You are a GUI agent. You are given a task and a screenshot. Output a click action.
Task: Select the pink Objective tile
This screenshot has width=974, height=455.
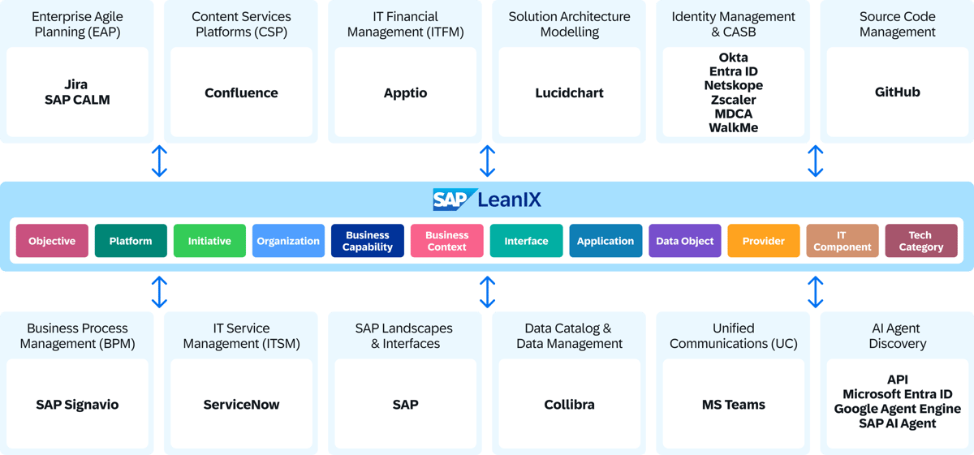point(52,241)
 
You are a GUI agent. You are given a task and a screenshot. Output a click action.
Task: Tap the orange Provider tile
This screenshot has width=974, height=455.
point(763,241)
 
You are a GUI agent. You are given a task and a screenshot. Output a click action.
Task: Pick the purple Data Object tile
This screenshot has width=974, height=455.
point(684,241)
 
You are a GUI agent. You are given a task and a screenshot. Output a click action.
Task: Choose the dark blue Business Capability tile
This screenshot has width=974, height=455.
point(367,241)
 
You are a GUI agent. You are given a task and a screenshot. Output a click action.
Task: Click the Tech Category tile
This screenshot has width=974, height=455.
point(920,241)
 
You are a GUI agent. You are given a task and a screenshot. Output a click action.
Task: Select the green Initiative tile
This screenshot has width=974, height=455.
point(209,241)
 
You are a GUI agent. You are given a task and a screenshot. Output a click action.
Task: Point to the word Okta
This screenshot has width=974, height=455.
point(733,58)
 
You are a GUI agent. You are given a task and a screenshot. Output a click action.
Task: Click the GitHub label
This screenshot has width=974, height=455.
point(897,92)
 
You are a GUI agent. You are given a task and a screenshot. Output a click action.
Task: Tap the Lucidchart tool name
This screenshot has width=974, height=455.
point(569,92)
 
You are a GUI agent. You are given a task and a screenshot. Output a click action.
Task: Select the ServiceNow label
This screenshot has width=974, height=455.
point(241,405)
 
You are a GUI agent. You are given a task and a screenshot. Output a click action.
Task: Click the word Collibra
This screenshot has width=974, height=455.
point(569,405)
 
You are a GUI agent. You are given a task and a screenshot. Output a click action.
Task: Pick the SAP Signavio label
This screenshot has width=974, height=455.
point(77,405)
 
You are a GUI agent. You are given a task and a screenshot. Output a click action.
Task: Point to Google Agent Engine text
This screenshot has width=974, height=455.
point(897,409)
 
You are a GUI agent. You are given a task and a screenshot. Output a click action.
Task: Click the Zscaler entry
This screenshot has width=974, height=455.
point(733,100)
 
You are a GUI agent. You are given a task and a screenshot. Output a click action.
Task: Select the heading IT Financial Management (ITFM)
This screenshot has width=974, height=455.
point(405,24)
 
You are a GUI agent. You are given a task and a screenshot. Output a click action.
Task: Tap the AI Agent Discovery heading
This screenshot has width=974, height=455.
point(897,336)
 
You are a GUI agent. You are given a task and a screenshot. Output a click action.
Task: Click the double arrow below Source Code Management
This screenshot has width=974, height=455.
point(816,161)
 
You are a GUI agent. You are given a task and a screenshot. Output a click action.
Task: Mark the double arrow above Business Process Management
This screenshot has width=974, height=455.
point(160,291)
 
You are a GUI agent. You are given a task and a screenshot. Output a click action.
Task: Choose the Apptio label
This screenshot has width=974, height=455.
point(405,92)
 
